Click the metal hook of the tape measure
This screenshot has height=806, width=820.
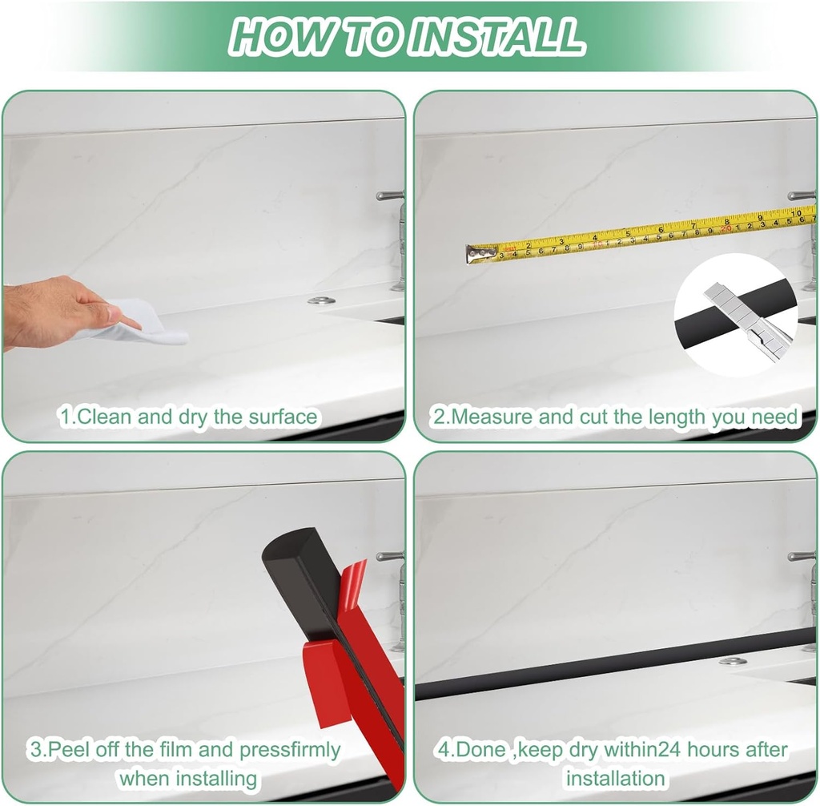pyautogui.click(x=481, y=254)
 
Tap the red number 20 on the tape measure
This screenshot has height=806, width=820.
pyautogui.click(x=726, y=228)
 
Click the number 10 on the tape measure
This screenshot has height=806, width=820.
pyautogui.click(x=795, y=214)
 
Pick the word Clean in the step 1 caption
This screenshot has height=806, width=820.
pyautogui.click(x=103, y=417)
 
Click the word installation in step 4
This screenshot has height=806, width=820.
pyautogui.click(x=616, y=778)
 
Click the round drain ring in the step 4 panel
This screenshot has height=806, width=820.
pyautogui.click(x=733, y=662)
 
